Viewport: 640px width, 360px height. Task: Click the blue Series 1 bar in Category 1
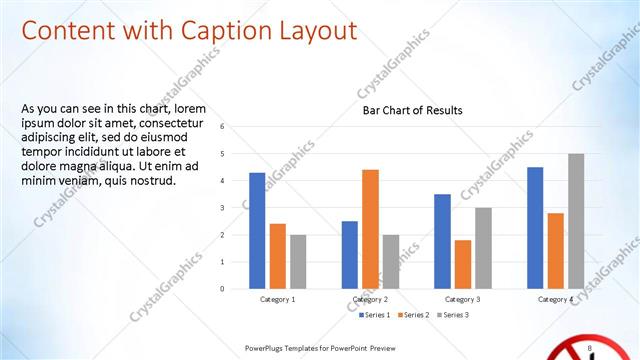click(x=257, y=230)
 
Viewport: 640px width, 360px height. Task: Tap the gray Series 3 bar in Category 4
click(x=575, y=221)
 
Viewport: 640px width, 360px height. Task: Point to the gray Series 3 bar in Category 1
click(x=297, y=261)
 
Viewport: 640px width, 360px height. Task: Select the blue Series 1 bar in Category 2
click(x=349, y=254)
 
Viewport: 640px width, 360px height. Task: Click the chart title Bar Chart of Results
click(x=412, y=110)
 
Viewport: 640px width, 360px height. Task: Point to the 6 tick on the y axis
click(x=236, y=127)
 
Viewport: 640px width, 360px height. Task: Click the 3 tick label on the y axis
click(x=236, y=208)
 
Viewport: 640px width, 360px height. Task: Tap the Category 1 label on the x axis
click(x=277, y=299)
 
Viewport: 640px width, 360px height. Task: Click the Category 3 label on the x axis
click(x=462, y=299)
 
